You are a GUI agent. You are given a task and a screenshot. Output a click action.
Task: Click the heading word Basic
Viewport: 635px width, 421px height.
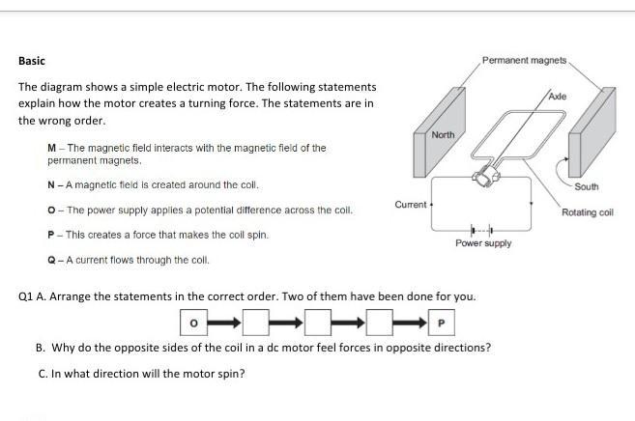[x=32, y=61]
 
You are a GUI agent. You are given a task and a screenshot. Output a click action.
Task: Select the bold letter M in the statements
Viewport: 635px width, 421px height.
[x=51, y=148]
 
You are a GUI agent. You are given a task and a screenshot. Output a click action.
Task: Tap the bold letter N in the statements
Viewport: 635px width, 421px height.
[x=51, y=185]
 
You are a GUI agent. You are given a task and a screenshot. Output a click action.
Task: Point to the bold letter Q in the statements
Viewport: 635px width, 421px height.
[x=51, y=260]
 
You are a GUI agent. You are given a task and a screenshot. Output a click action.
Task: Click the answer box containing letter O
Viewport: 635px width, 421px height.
[x=194, y=323]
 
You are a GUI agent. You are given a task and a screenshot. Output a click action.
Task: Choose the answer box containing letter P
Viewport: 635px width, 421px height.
[x=442, y=323]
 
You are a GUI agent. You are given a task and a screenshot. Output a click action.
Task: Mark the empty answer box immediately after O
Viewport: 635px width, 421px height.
[x=256, y=323]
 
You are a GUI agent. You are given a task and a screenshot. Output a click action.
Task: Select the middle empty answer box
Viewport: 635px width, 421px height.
[x=318, y=323]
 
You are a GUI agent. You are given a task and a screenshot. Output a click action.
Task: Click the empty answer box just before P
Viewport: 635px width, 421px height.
[x=380, y=323]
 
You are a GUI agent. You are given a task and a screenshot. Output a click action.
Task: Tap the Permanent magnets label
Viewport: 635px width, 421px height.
[x=524, y=60]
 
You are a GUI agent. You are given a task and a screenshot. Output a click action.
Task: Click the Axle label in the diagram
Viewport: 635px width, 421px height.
[x=558, y=97]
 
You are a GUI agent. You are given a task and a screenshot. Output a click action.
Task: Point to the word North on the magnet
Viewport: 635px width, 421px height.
[x=443, y=134]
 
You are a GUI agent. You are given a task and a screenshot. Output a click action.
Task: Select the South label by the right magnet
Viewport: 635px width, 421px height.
[x=587, y=186]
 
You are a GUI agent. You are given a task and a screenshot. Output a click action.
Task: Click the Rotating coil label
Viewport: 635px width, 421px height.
[x=588, y=212]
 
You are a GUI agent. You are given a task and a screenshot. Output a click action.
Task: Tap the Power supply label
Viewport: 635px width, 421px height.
[x=483, y=243]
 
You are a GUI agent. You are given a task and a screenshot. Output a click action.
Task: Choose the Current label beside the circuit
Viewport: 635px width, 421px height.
[x=411, y=205]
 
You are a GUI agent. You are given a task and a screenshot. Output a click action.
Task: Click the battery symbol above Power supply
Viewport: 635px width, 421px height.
[x=481, y=231]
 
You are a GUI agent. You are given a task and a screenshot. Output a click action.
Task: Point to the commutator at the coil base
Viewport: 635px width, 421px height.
[x=486, y=177]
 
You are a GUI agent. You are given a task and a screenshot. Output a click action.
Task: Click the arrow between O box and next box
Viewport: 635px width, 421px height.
[x=224, y=323]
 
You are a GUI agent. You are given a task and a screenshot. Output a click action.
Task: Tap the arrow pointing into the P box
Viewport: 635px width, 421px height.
[x=410, y=323]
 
